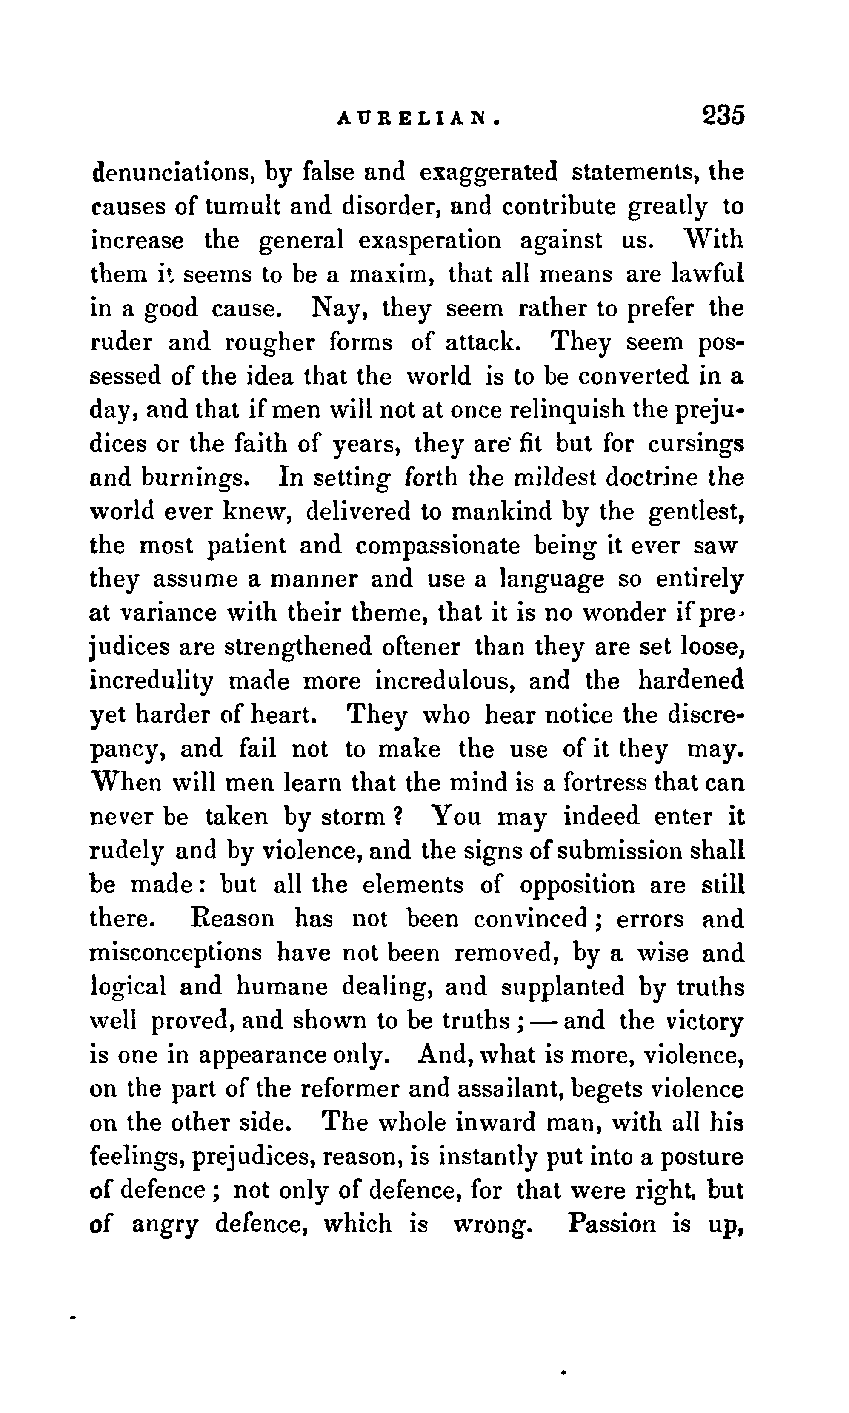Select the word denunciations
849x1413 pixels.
point(173,172)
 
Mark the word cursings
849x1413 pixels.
point(696,444)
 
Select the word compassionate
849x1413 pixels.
point(437,546)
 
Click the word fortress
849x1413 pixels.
point(605,782)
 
